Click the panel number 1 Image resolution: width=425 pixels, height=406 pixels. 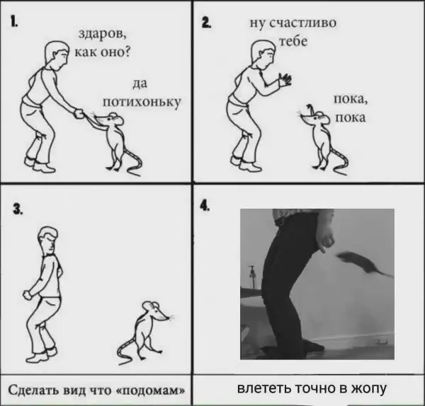click(14, 21)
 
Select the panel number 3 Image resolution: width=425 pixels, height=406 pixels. click(18, 209)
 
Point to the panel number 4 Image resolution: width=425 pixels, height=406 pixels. click(205, 206)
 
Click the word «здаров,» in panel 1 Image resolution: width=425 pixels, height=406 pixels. click(103, 35)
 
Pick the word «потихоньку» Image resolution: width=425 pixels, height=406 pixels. click(142, 102)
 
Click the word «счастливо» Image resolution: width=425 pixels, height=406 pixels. click(302, 23)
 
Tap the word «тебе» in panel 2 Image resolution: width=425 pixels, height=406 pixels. click(293, 42)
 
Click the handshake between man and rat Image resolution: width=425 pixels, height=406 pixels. click(81, 114)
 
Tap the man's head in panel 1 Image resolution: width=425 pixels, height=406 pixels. click(57, 54)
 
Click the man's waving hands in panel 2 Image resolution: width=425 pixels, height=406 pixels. click(285, 80)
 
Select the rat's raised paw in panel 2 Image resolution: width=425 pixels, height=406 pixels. click(310, 108)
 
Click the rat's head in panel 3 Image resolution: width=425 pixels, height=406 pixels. click(156, 311)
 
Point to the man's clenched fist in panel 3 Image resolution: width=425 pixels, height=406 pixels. click(28, 294)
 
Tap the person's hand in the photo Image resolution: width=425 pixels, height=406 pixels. click(326, 239)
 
